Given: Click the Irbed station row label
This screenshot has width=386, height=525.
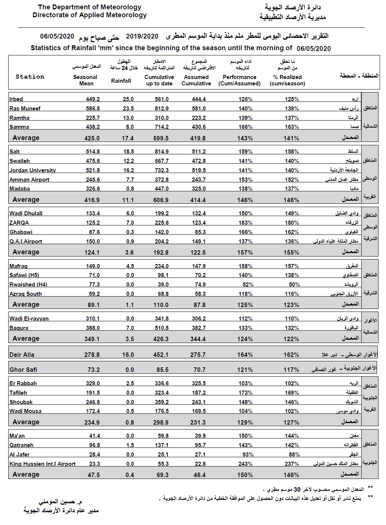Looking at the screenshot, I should click(x=16, y=99).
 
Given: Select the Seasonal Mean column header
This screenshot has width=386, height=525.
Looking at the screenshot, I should click(x=85, y=80).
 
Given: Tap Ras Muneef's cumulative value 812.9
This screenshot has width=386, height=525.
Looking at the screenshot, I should click(x=162, y=109).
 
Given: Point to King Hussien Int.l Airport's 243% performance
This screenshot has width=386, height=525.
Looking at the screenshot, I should click(x=245, y=464).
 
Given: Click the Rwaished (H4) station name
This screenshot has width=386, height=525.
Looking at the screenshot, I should click(x=28, y=285).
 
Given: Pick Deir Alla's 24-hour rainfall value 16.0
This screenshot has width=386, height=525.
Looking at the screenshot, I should click(x=128, y=355).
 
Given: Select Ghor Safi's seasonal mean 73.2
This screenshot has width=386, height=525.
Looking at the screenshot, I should click(x=94, y=370).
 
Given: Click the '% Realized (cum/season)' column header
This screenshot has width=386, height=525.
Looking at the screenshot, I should click(x=288, y=80).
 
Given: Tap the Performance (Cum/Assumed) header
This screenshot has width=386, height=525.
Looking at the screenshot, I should click(x=240, y=80).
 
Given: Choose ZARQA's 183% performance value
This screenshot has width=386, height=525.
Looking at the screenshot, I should click(x=245, y=223).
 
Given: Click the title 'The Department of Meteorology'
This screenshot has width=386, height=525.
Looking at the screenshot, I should click(x=89, y=7).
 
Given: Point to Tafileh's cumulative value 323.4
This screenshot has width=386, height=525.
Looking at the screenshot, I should click(x=162, y=393).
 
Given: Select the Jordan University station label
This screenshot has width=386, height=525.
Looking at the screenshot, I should click(x=33, y=170).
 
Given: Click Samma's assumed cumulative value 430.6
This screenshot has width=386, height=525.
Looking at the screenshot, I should click(x=199, y=127).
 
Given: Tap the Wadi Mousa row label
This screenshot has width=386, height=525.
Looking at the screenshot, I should click(x=25, y=411).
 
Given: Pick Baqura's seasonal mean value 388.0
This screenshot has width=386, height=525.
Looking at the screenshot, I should click(x=93, y=328).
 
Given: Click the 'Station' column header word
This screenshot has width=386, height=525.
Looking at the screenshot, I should click(x=30, y=77).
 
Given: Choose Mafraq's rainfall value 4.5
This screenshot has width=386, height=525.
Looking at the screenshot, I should click(x=130, y=266).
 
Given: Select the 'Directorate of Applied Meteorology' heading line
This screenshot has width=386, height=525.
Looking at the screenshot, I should click(x=89, y=15).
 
